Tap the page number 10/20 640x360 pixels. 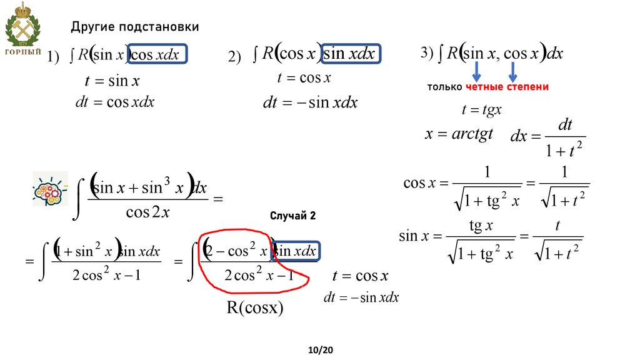[x=321, y=351]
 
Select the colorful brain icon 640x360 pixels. [x=50, y=191]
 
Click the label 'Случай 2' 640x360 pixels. [x=293, y=216]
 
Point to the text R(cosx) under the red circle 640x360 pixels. [x=255, y=308]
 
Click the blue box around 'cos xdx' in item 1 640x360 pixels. [x=157, y=55]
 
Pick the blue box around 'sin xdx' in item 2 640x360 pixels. [x=349, y=54]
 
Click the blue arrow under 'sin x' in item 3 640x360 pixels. [x=476, y=69]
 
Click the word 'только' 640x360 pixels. [x=445, y=87]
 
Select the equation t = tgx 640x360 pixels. [x=481, y=110]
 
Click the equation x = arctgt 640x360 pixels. [x=459, y=134]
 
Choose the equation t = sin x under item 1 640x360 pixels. [x=112, y=81]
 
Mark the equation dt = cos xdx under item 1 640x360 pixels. [x=114, y=101]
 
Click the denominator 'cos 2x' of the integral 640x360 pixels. [x=147, y=212]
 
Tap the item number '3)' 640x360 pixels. [x=427, y=54]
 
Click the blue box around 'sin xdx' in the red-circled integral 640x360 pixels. [x=296, y=251]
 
